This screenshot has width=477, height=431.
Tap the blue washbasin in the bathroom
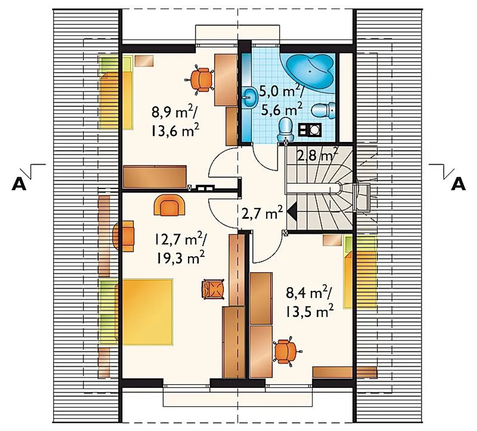pos(250,98)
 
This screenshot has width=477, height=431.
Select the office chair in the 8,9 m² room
pos(200,80)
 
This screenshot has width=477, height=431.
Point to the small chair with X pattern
pos(213,288)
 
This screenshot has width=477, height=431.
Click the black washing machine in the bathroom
pos(310,130)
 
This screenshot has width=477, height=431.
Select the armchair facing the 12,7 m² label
pos(169,205)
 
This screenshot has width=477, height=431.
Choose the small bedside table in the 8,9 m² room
pos(144,61)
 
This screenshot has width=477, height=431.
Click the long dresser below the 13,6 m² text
pos(155,177)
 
